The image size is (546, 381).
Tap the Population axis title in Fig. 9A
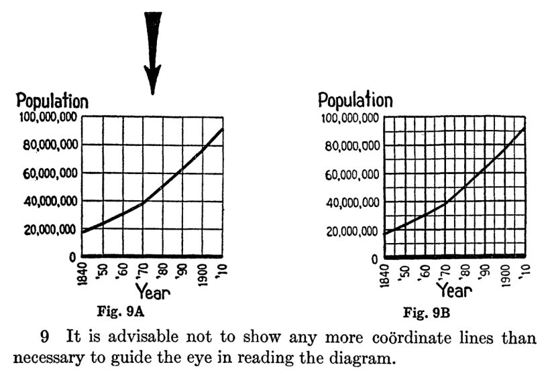(x=52, y=102)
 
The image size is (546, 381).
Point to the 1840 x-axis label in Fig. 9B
(x=385, y=273)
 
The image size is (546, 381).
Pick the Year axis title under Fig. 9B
(x=455, y=291)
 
